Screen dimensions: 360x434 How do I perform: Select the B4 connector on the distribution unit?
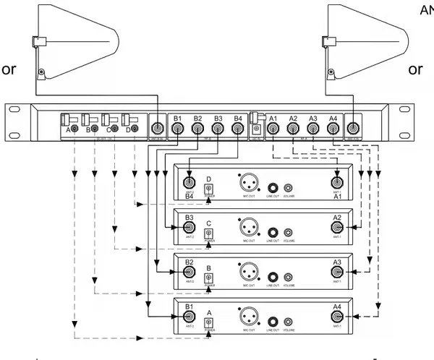(x=237, y=130)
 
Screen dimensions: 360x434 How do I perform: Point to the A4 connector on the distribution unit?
(x=333, y=130)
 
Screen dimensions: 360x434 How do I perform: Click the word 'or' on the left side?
(x=9, y=69)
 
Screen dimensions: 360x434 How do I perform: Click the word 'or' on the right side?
(x=415, y=69)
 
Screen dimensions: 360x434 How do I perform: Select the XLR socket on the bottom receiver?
(x=247, y=318)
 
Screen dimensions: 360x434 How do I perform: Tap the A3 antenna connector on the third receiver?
(x=337, y=273)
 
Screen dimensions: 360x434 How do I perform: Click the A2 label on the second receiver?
(x=337, y=218)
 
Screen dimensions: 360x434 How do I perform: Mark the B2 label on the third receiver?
(x=190, y=262)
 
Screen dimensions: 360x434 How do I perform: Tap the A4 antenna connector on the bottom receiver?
(x=337, y=317)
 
